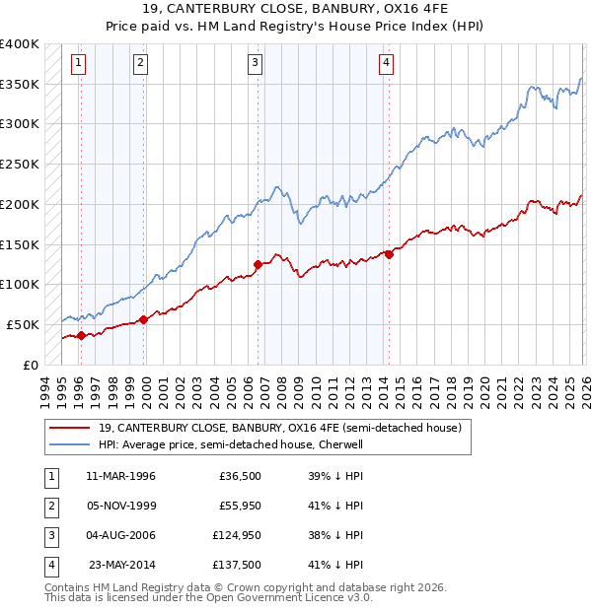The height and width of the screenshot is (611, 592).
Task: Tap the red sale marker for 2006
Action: [x=258, y=264]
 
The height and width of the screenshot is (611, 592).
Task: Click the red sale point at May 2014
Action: [x=389, y=254]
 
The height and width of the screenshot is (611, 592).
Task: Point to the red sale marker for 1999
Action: [x=144, y=319]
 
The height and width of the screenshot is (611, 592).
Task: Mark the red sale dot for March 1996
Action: [x=81, y=335]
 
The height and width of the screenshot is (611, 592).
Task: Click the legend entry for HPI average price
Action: [x=231, y=444]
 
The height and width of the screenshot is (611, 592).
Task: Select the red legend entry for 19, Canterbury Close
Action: [x=280, y=428]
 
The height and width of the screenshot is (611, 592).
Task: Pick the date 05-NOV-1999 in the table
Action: [x=120, y=506]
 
